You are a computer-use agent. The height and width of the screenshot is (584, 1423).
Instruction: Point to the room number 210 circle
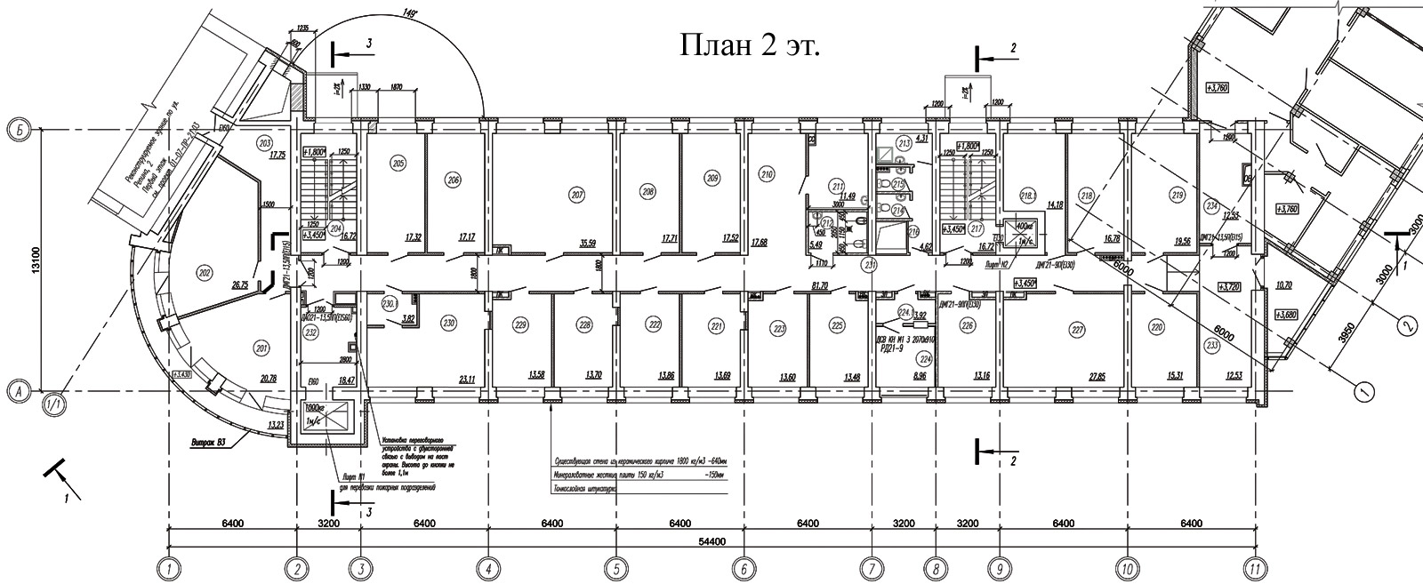click(x=767, y=174)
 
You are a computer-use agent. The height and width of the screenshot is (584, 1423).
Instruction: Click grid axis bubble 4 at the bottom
click(x=487, y=566)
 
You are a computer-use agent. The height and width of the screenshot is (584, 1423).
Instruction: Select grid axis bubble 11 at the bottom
click(x=1254, y=566)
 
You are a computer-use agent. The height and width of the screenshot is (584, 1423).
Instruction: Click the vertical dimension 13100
click(x=35, y=259)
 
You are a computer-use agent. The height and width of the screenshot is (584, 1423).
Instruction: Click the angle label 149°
click(x=409, y=13)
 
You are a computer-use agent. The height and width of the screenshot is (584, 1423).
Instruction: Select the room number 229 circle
click(x=521, y=325)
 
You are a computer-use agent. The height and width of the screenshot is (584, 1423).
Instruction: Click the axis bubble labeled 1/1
click(x=54, y=405)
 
